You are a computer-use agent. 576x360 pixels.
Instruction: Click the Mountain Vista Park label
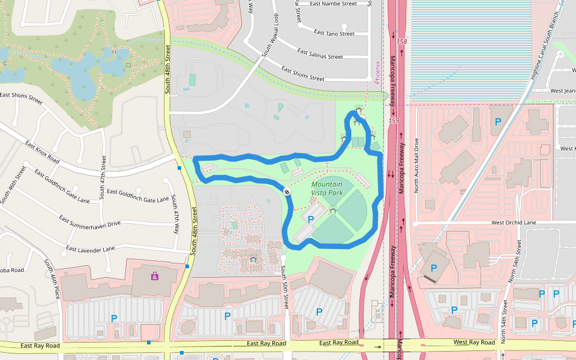(x=327, y=188)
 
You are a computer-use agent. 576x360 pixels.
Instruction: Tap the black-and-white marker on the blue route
(x=287, y=191)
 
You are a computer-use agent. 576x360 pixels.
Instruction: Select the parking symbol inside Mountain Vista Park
(x=311, y=220)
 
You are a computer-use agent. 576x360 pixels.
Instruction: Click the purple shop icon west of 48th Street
(x=155, y=277)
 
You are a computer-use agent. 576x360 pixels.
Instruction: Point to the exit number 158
(x=401, y=41)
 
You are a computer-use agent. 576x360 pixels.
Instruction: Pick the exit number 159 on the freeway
(x=394, y=121)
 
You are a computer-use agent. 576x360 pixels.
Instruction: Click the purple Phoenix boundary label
(x=377, y=72)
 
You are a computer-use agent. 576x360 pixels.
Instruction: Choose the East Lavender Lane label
(x=90, y=248)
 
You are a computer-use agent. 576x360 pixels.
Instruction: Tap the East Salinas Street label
(x=320, y=56)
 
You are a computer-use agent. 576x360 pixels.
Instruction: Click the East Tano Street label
(x=334, y=34)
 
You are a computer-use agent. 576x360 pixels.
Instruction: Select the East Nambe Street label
(x=334, y=4)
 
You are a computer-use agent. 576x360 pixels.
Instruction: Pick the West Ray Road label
(x=474, y=342)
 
